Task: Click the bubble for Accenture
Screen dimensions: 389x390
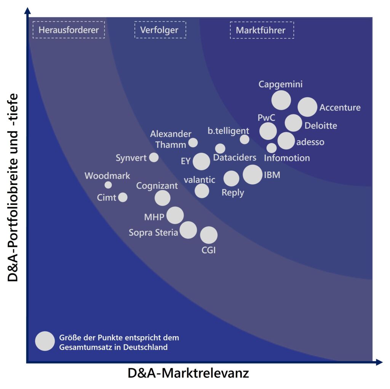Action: tap(307, 107)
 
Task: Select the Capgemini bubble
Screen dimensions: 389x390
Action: tap(281, 100)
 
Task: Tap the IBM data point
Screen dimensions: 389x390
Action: tap(252, 175)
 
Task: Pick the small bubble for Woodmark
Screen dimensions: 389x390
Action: tap(108, 185)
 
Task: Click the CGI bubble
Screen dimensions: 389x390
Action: tap(209, 235)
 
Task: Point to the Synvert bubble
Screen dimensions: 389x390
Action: tap(154, 157)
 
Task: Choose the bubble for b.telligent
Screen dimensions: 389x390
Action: tap(245, 140)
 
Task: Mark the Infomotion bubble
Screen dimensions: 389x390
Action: tap(272, 148)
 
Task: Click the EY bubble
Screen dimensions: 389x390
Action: tap(201, 161)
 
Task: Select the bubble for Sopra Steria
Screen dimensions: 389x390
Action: tap(188, 230)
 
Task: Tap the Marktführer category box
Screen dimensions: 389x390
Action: tap(262, 30)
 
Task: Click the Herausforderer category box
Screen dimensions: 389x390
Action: tap(69, 30)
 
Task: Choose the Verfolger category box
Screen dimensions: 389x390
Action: tap(160, 30)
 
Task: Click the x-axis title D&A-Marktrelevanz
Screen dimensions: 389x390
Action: tap(188, 373)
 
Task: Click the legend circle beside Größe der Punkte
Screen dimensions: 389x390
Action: tap(45, 341)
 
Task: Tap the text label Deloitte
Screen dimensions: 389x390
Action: tap(321, 125)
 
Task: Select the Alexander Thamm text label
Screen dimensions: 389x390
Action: tap(171, 139)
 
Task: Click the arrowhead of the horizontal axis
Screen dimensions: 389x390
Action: tap(379, 362)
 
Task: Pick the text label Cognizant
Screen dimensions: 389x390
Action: tap(157, 186)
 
